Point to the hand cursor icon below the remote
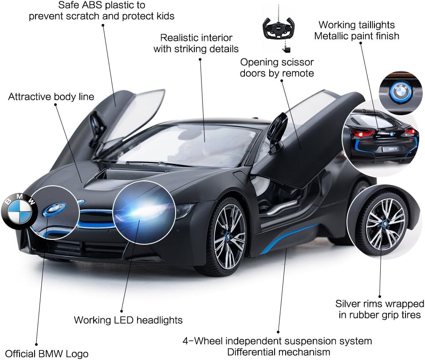286,49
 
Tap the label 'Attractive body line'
51,97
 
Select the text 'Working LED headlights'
128,320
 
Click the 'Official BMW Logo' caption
47,353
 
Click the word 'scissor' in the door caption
297,63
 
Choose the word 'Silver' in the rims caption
348,304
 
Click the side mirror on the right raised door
278,130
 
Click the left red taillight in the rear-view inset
363,133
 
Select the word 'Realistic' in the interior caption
179,38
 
